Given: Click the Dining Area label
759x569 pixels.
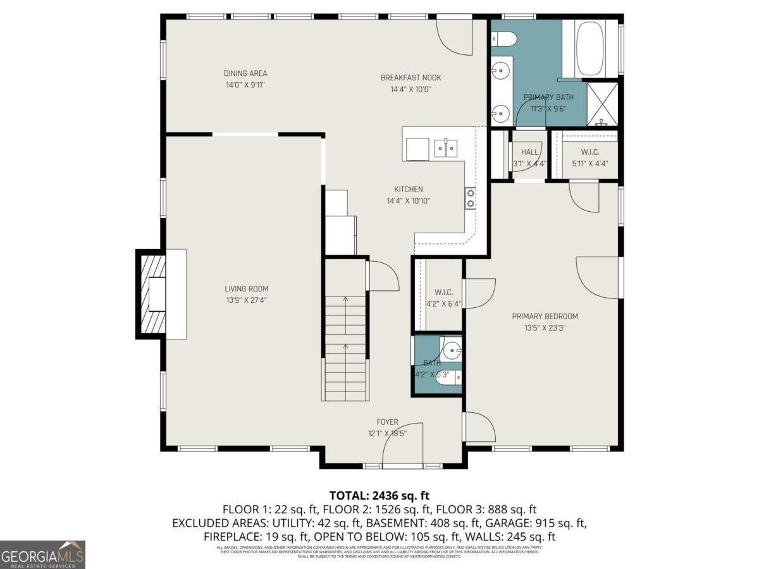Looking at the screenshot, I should tap(245, 73).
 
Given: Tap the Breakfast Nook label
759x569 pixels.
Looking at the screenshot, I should tap(410, 78).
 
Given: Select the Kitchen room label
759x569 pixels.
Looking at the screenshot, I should tap(409, 189).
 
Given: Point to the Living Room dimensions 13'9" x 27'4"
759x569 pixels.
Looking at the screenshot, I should tap(246, 300).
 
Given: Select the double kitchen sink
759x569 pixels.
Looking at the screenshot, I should tap(447, 149).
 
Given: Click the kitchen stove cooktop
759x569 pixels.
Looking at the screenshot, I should tap(471, 198).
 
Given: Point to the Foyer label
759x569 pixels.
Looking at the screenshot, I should tap(387, 422).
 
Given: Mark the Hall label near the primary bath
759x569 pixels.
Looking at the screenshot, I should tap(529, 152).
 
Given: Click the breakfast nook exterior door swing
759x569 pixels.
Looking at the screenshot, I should tap(455, 37).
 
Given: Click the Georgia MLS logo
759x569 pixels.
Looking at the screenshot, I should tap(42, 554).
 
